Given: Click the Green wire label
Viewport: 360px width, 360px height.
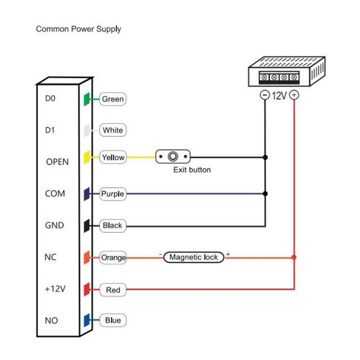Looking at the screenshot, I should (x=112, y=99).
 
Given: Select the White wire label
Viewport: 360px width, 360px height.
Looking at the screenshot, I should (x=112, y=130).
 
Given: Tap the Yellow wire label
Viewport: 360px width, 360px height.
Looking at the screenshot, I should (x=113, y=157).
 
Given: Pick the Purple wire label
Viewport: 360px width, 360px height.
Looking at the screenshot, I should (x=112, y=194).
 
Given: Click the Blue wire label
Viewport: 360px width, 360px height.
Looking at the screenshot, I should (x=112, y=320).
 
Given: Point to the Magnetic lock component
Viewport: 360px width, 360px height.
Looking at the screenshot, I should (x=193, y=257).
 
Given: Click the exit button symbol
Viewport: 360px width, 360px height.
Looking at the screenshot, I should (x=173, y=157).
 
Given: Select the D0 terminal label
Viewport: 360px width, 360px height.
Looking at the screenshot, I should (x=50, y=98).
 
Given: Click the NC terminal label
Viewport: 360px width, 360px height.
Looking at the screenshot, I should (x=50, y=257).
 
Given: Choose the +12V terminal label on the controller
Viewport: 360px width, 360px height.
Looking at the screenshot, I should (x=55, y=289).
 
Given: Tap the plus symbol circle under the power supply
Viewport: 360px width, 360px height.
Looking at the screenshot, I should (x=294, y=95).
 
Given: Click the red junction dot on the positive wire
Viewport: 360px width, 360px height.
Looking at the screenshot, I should (x=294, y=257).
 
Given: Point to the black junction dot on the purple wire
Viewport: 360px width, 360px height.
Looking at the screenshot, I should (x=265, y=193).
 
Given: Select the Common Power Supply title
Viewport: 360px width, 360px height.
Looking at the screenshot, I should (x=78, y=29).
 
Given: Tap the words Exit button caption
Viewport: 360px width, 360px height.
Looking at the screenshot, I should (x=192, y=170).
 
